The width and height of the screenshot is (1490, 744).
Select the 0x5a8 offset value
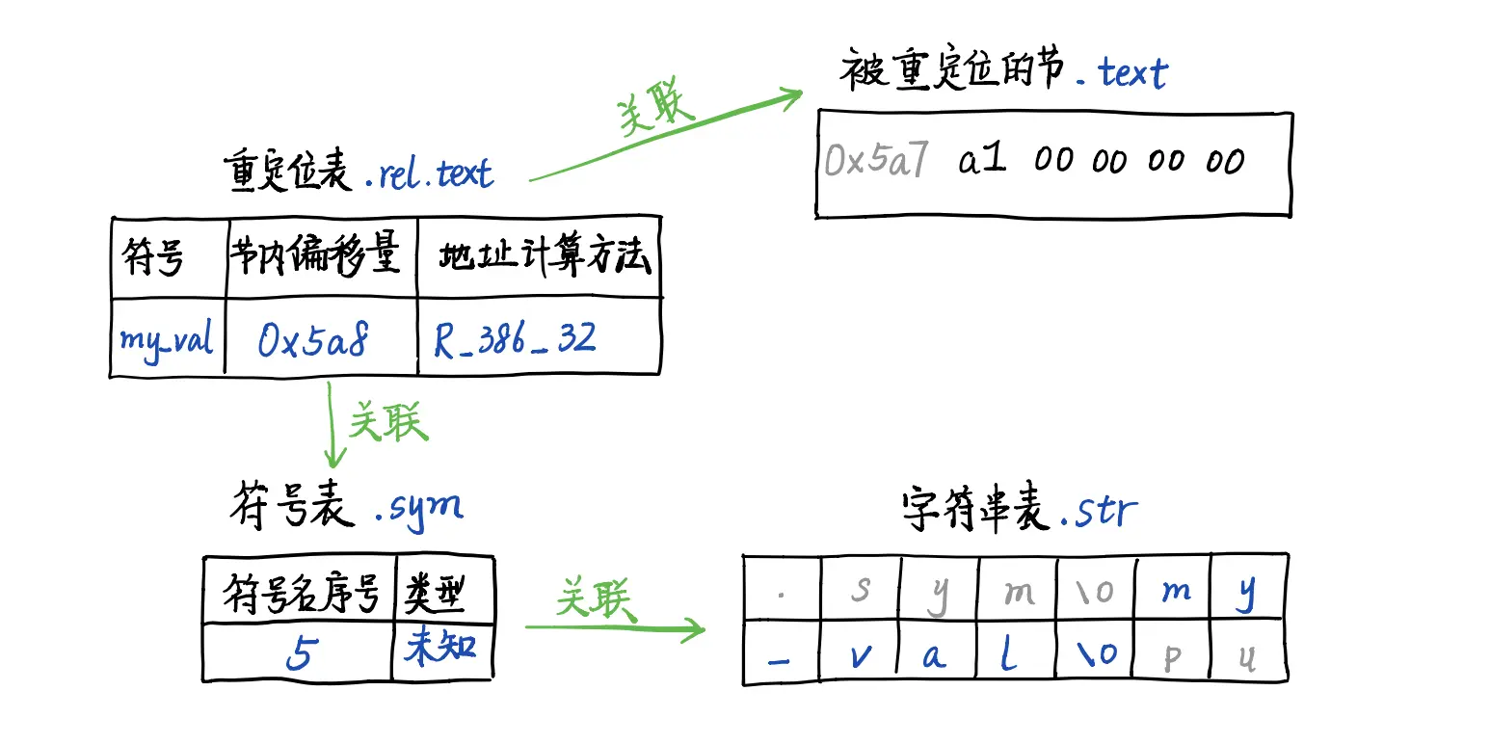(x=313, y=339)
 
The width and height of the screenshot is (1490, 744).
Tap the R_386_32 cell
(x=516, y=339)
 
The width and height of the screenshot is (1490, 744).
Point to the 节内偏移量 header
(x=315, y=256)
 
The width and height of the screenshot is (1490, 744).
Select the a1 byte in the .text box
(x=982, y=160)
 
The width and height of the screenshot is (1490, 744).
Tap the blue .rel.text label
(x=430, y=173)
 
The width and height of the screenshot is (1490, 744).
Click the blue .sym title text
(x=418, y=507)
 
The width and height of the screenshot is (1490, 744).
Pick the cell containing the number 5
(x=300, y=653)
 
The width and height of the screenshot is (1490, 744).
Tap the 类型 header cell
(x=435, y=593)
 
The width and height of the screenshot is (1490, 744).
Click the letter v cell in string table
(x=861, y=654)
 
